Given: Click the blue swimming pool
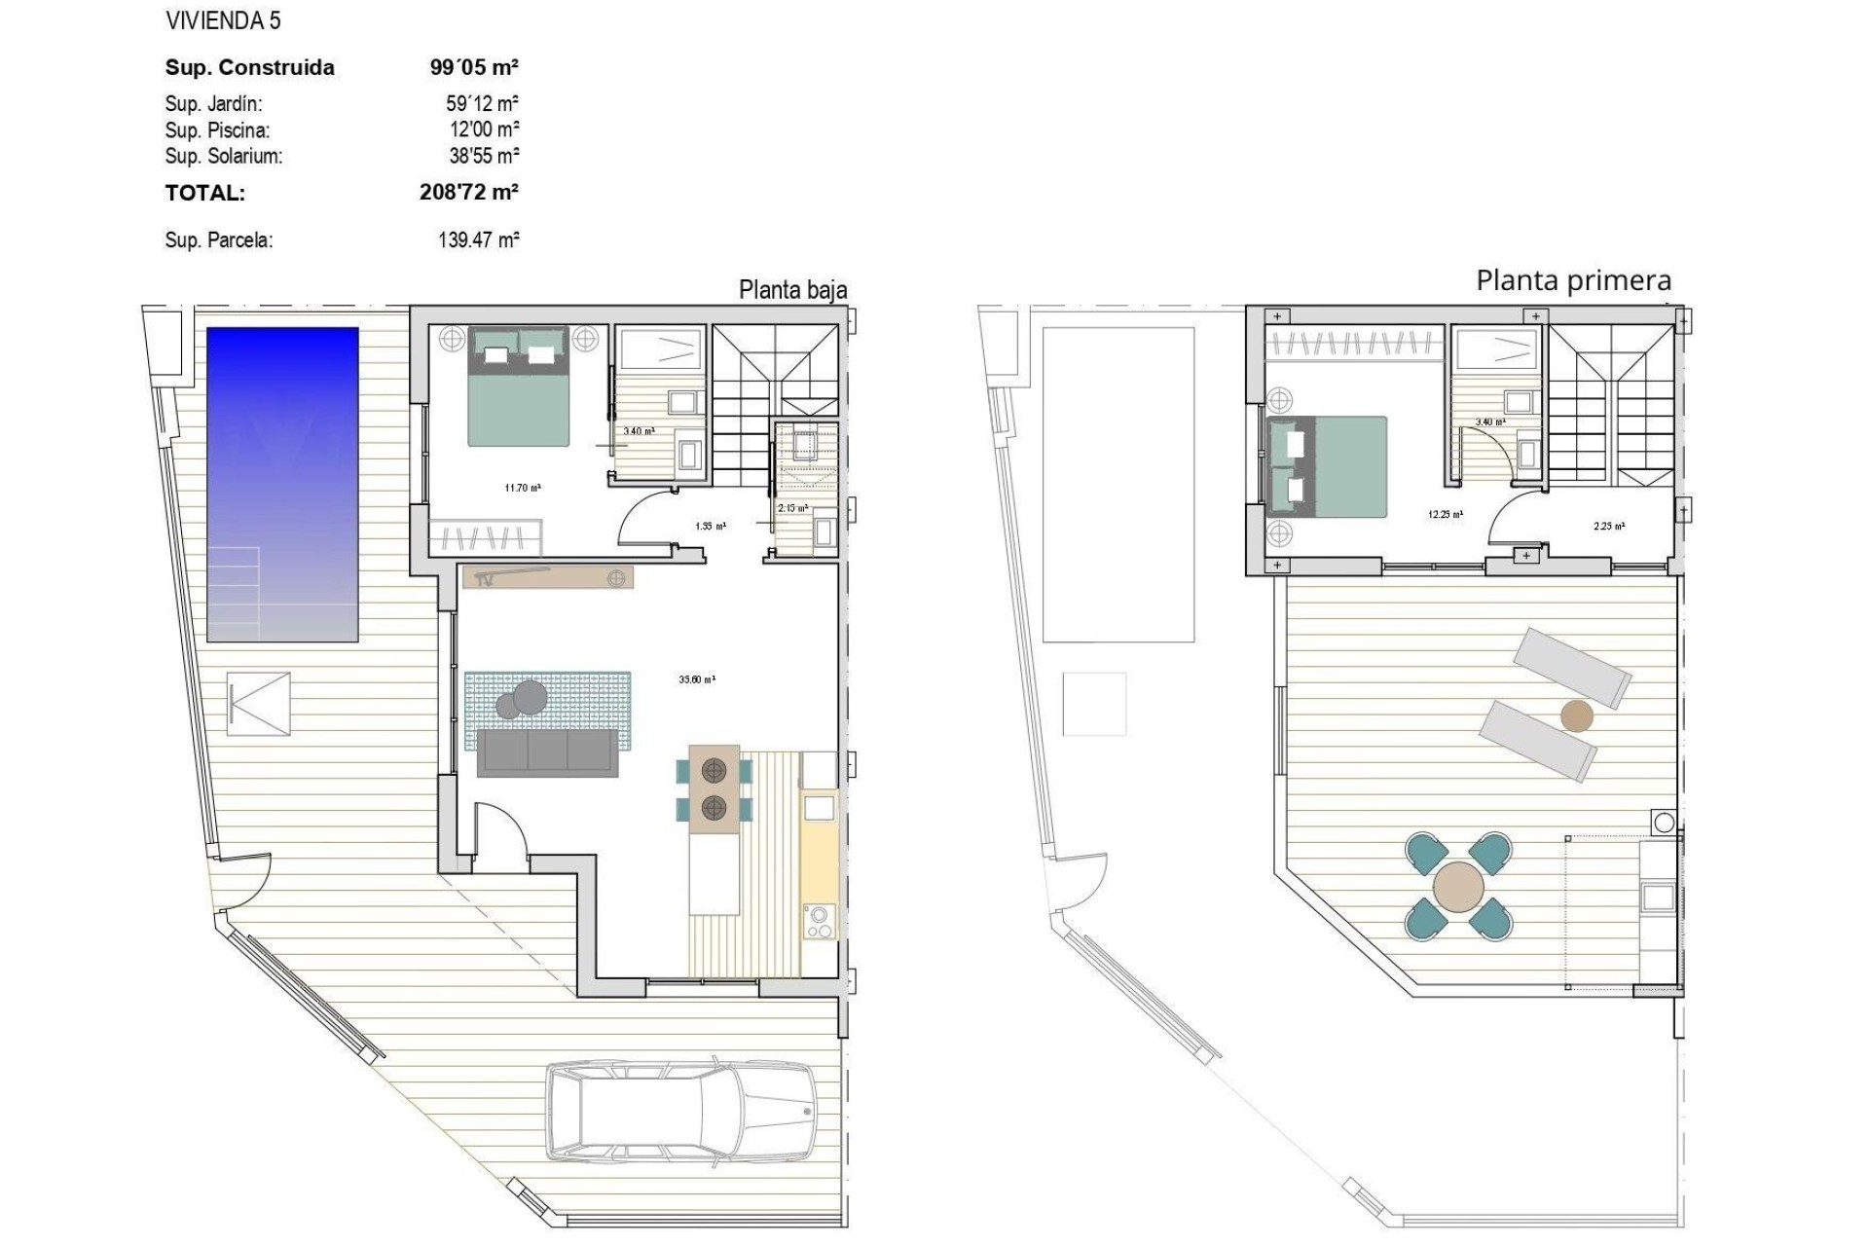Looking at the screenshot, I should click(x=282, y=484).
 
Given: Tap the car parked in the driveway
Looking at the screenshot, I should click(x=680, y=1111).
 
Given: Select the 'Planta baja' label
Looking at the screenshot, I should click(x=792, y=290).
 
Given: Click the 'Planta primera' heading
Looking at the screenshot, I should click(x=1573, y=280).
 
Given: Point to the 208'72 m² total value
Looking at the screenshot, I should click(x=468, y=192).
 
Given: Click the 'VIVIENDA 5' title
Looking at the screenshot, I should click(x=223, y=20).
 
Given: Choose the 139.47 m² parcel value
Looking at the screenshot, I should click(x=478, y=239).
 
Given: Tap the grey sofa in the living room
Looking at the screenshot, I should click(x=547, y=752).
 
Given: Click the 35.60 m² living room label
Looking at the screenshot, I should click(x=697, y=679).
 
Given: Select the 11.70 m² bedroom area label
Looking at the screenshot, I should click(x=523, y=488).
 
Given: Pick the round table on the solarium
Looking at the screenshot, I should click(x=1458, y=886).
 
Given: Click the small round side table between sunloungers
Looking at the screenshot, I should click(x=1577, y=716).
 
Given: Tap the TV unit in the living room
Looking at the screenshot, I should click(x=548, y=577).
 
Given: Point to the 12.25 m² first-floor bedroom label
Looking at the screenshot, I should click(x=1446, y=514).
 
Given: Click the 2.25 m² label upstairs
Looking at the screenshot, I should click(x=1608, y=527).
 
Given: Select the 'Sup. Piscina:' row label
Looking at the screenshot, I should click(x=217, y=129).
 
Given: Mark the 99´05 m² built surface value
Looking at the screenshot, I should click(x=474, y=67).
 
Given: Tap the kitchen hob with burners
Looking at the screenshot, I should click(x=820, y=921).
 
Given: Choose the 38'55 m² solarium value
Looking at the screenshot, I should click(x=484, y=155).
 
